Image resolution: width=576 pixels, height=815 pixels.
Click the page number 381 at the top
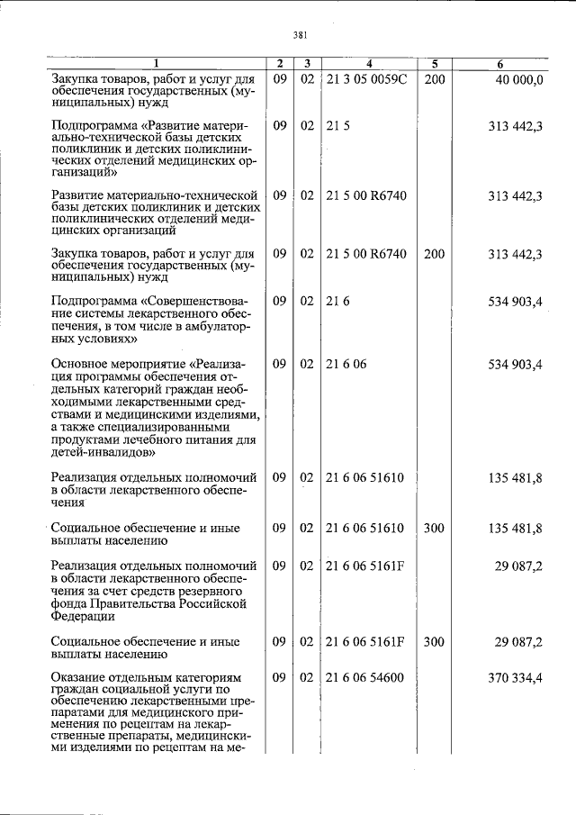click(301, 35)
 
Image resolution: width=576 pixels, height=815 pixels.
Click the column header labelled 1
click(155, 64)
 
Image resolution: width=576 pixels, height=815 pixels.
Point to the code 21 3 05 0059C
click(366, 79)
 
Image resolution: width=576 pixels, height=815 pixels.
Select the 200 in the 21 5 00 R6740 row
click(434, 255)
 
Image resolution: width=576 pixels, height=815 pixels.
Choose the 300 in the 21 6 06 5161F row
click(434, 642)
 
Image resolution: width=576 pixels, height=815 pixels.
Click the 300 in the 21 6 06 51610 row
click(434, 528)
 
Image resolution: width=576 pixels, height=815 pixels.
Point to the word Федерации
click(83, 617)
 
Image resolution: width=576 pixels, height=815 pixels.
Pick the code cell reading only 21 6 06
click(346, 364)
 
